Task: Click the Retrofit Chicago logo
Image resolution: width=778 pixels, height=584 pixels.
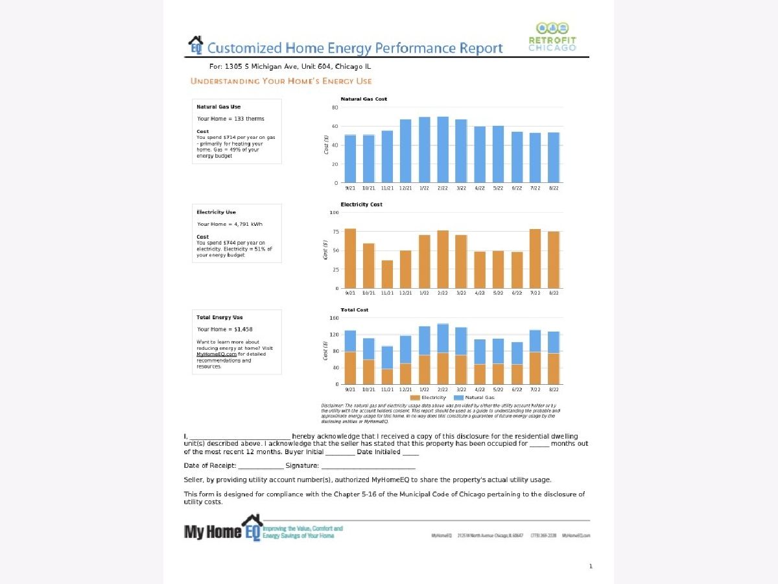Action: (552, 38)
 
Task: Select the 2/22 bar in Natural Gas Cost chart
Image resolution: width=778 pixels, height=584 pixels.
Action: (443, 149)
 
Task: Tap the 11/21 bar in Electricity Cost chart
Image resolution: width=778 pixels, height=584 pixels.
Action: (387, 274)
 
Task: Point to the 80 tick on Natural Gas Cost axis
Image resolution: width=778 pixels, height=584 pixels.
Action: (335, 107)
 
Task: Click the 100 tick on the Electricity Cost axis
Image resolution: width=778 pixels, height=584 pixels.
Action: (334, 212)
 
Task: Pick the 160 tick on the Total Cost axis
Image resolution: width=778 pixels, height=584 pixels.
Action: (334, 318)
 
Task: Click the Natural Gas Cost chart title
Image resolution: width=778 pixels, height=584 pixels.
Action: (364, 99)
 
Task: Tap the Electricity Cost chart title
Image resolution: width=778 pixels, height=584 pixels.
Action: (361, 204)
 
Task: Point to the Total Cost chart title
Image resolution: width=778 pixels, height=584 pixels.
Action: (354, 310)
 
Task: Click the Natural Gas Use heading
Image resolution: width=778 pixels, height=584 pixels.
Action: (218, 106)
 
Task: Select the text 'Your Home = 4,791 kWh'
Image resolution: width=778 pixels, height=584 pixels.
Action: (230, 224)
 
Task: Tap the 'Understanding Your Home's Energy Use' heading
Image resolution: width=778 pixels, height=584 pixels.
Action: (281, 81)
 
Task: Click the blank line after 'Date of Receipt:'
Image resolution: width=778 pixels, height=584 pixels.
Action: (261, 467)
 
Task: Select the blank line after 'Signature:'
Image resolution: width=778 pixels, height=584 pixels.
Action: (368, 467)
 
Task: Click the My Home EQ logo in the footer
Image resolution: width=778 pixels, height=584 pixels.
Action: (223, 528)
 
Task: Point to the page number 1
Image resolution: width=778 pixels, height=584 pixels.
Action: (591, 566)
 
